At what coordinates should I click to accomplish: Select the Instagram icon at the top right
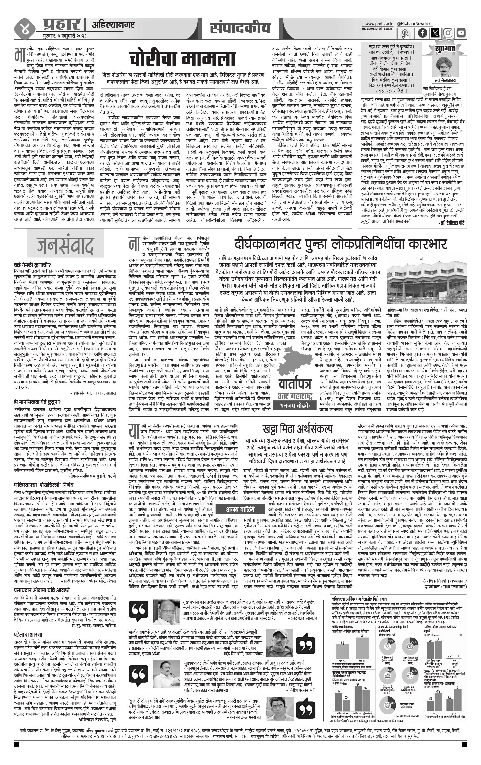pyautogui.click(x=448, y=33)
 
